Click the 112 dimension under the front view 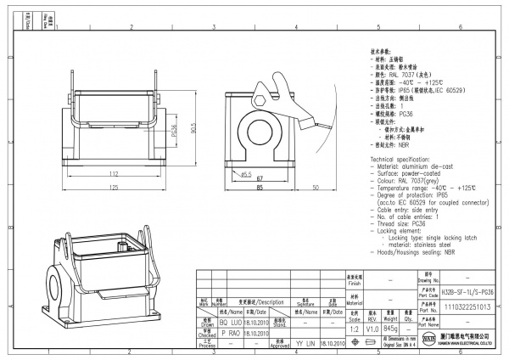click(113, 174)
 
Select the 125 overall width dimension click(112, 189)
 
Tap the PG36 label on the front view click(175, 133)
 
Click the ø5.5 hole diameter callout click(246, 174)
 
